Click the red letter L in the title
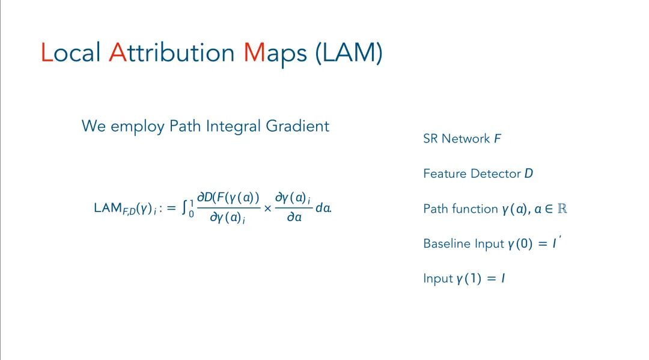coord(47,53)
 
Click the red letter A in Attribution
coord(117,53)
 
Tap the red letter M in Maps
coord(254,53)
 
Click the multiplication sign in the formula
coord(268,209)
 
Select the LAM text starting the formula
coord(108,208)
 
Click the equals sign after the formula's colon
coord(171,208)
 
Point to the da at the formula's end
coord(323,209)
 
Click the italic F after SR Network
coord(498,139)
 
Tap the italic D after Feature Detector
coord(528,174)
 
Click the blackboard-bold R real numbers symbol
coord(562,209)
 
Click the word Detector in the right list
coord(499,174)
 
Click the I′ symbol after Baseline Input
coord(555,243)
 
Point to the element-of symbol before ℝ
coord(549,209)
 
